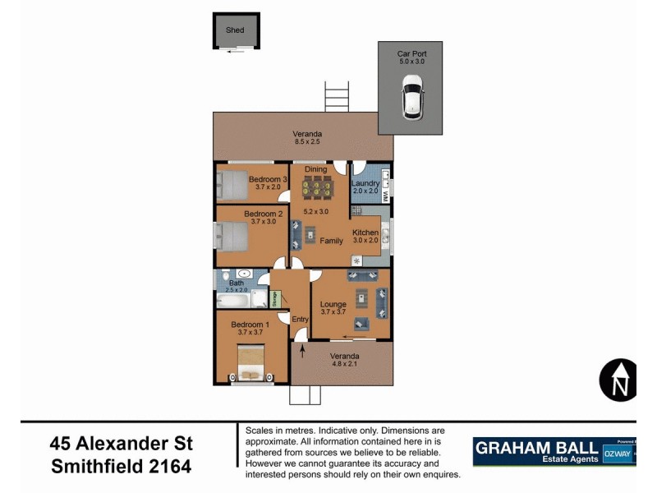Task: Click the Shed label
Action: point(236,30)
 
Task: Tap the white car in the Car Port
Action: point(411,96)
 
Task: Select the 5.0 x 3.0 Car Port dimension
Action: point(412,62)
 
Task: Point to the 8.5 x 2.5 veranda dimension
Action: point(309,142)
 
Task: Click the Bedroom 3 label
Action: point(268,179)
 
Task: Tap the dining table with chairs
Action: point(315,188)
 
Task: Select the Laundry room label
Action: point(365,183)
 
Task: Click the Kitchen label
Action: point(365,233)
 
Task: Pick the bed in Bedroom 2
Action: point(232,237)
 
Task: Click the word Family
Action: point(332,241)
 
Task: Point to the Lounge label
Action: point(333,305)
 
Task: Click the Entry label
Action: point(299,319)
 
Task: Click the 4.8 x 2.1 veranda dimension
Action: point(345,364)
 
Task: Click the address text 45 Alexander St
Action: point(122,444)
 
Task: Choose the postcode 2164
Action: point(169,467)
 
